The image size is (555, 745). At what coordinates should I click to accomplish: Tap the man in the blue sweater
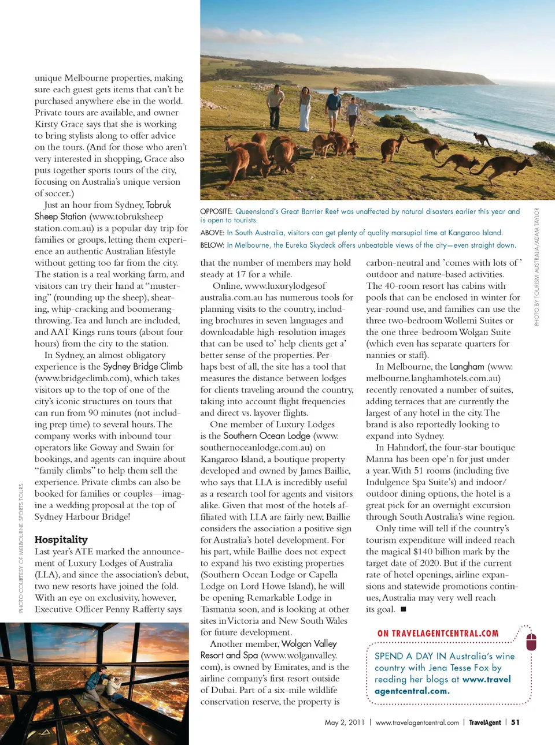(x=333, y=109)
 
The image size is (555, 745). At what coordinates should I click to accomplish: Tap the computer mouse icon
(x=531, y=641)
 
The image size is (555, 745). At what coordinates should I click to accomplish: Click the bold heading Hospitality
(x=61, y=539)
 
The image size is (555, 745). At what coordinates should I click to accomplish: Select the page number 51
(x=515, y=722)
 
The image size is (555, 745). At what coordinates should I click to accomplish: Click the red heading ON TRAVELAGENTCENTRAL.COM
(x=438, y=634)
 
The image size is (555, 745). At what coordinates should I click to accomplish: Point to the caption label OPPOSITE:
(x=216, y=211)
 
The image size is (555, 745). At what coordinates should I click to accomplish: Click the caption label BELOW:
(x=212, y=245)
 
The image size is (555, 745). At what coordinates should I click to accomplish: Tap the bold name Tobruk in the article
(x=158, y=204)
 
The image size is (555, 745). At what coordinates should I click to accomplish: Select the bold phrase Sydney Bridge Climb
(x=143, y=366)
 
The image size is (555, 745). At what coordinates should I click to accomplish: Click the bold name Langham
(x=467, y=366)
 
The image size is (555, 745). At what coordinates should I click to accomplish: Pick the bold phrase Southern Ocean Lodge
(x=267, y=435)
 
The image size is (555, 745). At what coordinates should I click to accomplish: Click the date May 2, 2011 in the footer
(x=345, y=722)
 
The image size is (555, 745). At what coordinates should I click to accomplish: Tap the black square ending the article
(x=404, y=609)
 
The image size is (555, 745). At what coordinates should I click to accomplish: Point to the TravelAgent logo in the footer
(x=484, y=722)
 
